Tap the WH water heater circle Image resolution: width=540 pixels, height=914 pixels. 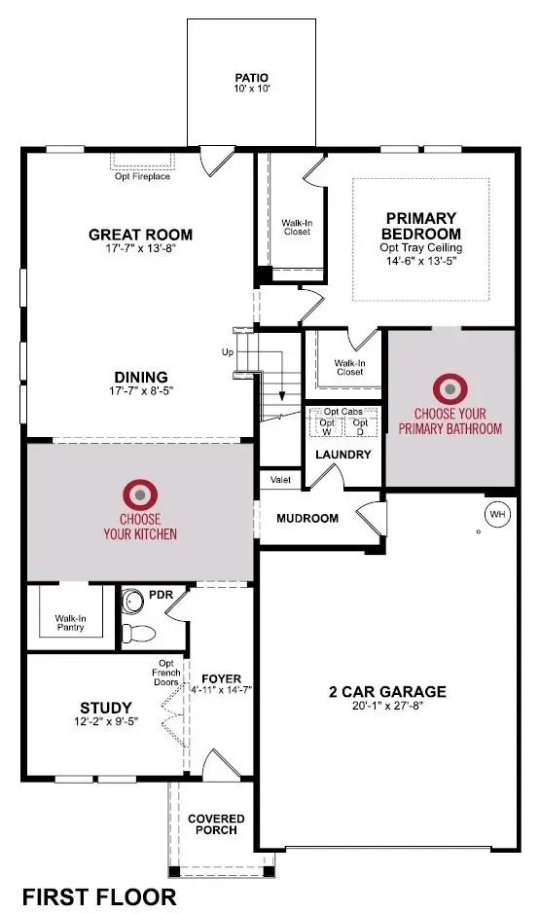pos(496,513)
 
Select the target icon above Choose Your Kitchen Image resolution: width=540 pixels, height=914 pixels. pos(140,495)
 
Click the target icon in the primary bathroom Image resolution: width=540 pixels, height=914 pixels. pos(450,389)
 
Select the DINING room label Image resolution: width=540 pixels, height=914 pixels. pos(141,377)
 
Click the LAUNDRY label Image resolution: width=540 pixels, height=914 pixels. pos(342,455)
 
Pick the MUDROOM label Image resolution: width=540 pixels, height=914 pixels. pos(307,518)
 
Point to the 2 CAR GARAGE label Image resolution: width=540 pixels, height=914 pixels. pos(386,692)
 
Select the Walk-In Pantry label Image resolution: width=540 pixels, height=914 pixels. pos(69,623)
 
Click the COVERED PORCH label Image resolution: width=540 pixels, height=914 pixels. pos(216,824)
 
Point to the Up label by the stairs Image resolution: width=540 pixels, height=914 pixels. pos(228,351)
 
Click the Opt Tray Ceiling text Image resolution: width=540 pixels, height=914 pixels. pos(422,248)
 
